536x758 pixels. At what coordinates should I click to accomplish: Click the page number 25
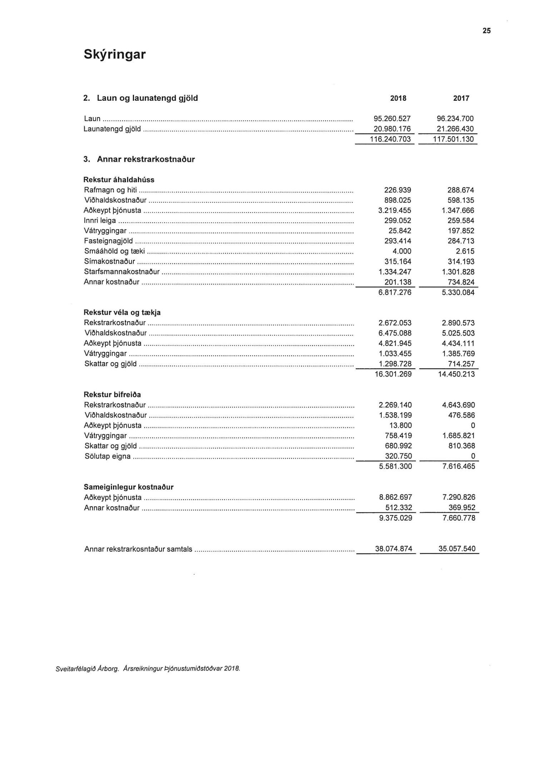(x=487, y=31)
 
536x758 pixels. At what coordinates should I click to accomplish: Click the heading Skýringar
(x=115, y=54)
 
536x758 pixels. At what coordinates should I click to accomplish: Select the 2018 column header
(x=398, y=98)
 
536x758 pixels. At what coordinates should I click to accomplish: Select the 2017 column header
(x=461, y=98)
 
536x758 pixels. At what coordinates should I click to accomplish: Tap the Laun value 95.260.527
(x=392, y=119)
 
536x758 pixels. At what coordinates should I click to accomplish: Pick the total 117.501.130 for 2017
(x=453, y=139)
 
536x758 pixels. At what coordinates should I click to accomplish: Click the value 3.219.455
(x=395, y=210)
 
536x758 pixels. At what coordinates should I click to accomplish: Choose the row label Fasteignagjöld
(x=108, y=241)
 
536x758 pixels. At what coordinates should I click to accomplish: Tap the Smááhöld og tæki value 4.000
(x=402, y=251)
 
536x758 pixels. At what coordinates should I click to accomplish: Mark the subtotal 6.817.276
(x=395, y=293)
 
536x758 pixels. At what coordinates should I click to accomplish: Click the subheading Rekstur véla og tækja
(x=122, y=313)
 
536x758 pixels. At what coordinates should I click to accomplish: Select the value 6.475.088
(x=395, y=333)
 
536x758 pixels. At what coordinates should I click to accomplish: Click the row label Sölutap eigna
(x=108, y=457)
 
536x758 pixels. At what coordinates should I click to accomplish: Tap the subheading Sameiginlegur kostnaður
(x=129, y=487)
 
